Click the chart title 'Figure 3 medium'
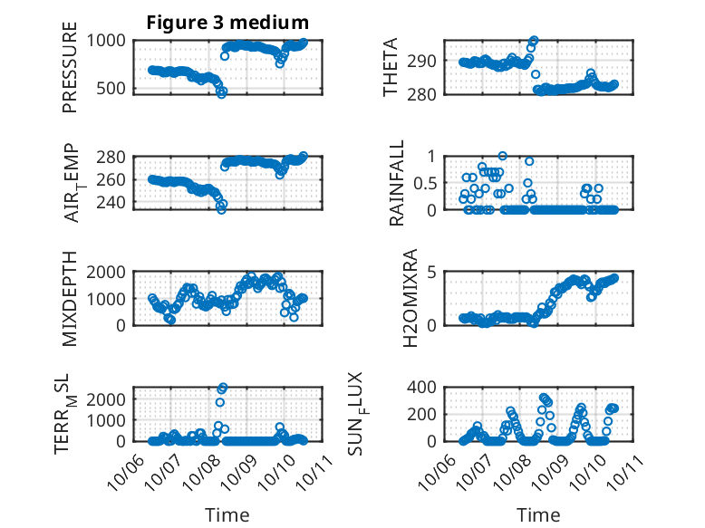pyautogui.click(x=227, y=23)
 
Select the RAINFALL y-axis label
pyautogui.click(x=396, y=184)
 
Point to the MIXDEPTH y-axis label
pyautogui.click(x=70, y=299)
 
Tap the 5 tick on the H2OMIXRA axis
pyautogui.click(x=433, y=272)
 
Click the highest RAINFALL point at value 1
pyautogui.click(x=503, y=156)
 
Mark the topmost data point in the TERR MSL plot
pyautogui.click(x=223, y=388)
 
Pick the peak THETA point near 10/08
pyautogui.click(x=534, y=41)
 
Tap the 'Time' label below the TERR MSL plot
pyautogui.click(x=227, y=514)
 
